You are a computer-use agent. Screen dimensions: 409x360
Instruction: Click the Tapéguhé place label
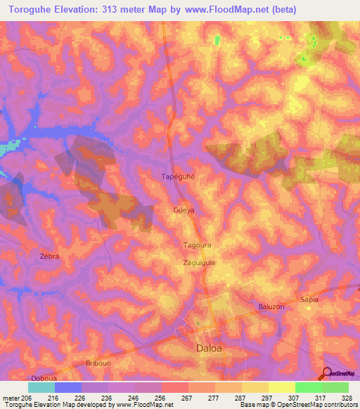click(177, 177)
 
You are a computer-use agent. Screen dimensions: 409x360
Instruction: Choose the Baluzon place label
click(271, 306)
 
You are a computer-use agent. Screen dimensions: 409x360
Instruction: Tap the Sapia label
click(309, 299)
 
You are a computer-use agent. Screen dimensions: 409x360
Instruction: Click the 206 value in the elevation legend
click(27, 398)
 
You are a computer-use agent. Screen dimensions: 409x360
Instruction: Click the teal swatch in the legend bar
click(41, 387)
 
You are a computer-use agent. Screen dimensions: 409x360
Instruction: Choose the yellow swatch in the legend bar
click(282, 387)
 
